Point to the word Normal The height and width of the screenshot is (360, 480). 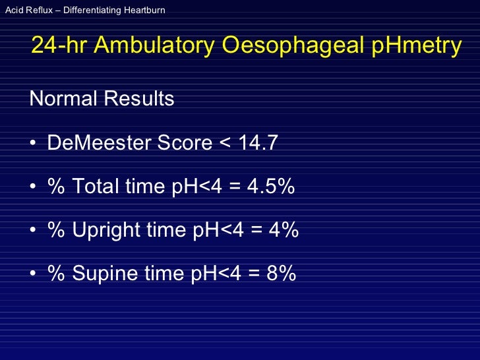coord(63,99)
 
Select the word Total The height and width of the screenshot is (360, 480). coord(96,187)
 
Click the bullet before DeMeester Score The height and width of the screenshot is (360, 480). coord(33,143)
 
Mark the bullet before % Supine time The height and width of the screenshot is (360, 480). coord(33,274)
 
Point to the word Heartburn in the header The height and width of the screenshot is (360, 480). coord(144,11)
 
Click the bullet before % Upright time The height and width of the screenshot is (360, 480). coord(33,231)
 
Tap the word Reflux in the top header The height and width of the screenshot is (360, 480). coord(36,11)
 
